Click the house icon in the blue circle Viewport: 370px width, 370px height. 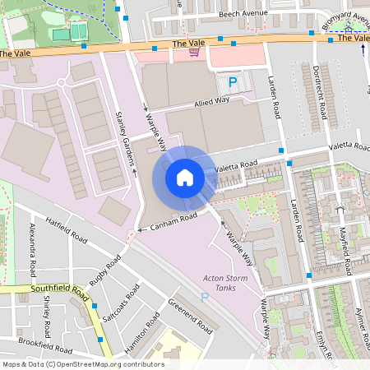tap(185, 177)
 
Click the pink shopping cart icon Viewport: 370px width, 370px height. tap(193, 53)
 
